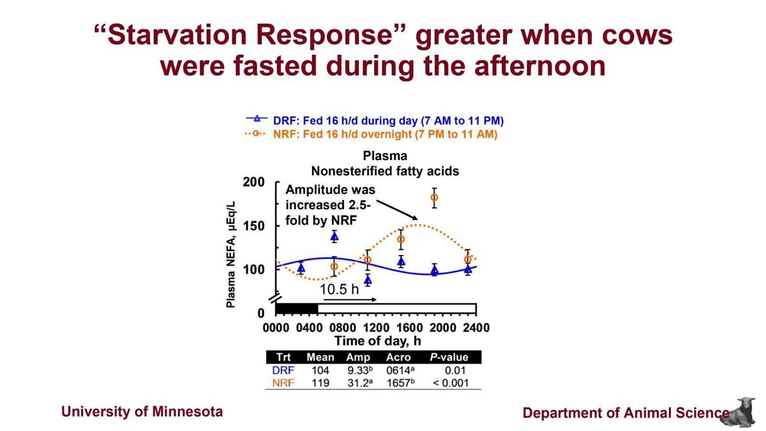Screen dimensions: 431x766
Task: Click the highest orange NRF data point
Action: (434, 198)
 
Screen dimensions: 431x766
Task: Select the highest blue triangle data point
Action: (334, 237)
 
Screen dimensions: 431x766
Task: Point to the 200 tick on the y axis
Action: (253, 182)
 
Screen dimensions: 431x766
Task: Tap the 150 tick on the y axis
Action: (253, 226)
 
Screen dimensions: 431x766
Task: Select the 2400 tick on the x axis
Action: (476, 328)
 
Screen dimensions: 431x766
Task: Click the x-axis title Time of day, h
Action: (377, 340)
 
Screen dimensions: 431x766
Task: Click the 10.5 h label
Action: (339, 289)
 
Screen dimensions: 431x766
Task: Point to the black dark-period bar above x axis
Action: (297, 309)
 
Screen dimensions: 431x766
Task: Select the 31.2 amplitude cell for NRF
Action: (361, 383)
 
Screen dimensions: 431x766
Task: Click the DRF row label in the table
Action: (283, 370)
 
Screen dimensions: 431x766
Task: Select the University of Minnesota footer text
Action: (142, 411)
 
